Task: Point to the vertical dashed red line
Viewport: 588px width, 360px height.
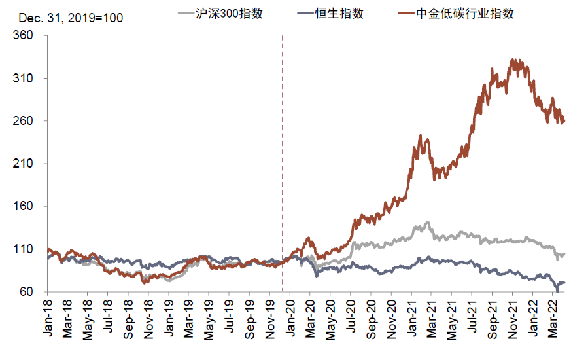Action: (283, 164)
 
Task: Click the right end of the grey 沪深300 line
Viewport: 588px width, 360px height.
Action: (564, 254)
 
